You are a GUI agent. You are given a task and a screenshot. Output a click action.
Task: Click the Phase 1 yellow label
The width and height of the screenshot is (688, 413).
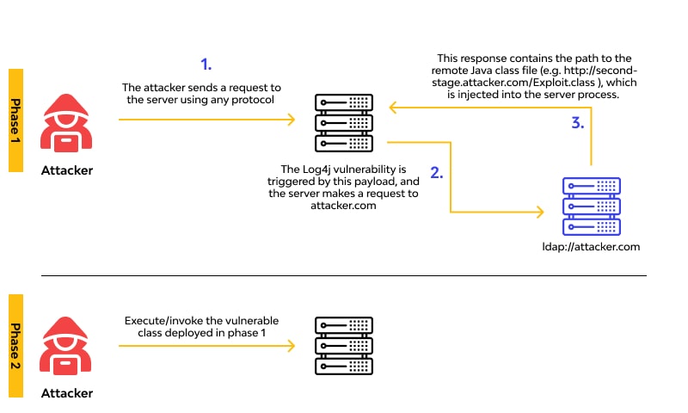point(15,120)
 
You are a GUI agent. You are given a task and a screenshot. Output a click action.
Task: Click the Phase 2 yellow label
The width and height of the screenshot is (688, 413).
point(15,331)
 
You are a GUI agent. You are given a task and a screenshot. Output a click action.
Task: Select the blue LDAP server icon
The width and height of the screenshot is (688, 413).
point(591,206)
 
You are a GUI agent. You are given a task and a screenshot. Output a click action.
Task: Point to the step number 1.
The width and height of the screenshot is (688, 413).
point(206,65)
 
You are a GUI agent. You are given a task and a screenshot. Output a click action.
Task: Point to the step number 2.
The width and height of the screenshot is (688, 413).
point(436,172)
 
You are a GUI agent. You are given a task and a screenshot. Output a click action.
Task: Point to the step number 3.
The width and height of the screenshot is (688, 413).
point(578,123)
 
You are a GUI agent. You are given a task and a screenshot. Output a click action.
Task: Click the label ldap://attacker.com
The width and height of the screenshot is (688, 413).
point(590,248)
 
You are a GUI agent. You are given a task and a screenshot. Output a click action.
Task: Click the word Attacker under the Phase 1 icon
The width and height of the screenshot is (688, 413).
point(67,170)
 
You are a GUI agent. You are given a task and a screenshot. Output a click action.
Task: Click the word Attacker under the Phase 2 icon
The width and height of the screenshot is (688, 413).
point(67,393)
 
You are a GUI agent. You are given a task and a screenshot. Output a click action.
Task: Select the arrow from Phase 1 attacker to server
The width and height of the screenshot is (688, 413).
point(206,120)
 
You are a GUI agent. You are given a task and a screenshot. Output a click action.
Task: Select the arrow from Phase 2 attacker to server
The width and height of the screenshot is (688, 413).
point(206,345)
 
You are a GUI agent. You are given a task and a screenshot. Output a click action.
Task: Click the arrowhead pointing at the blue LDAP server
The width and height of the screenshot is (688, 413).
point(541,210)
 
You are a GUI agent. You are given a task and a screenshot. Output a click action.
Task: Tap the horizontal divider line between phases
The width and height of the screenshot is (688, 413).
point(344,276)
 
